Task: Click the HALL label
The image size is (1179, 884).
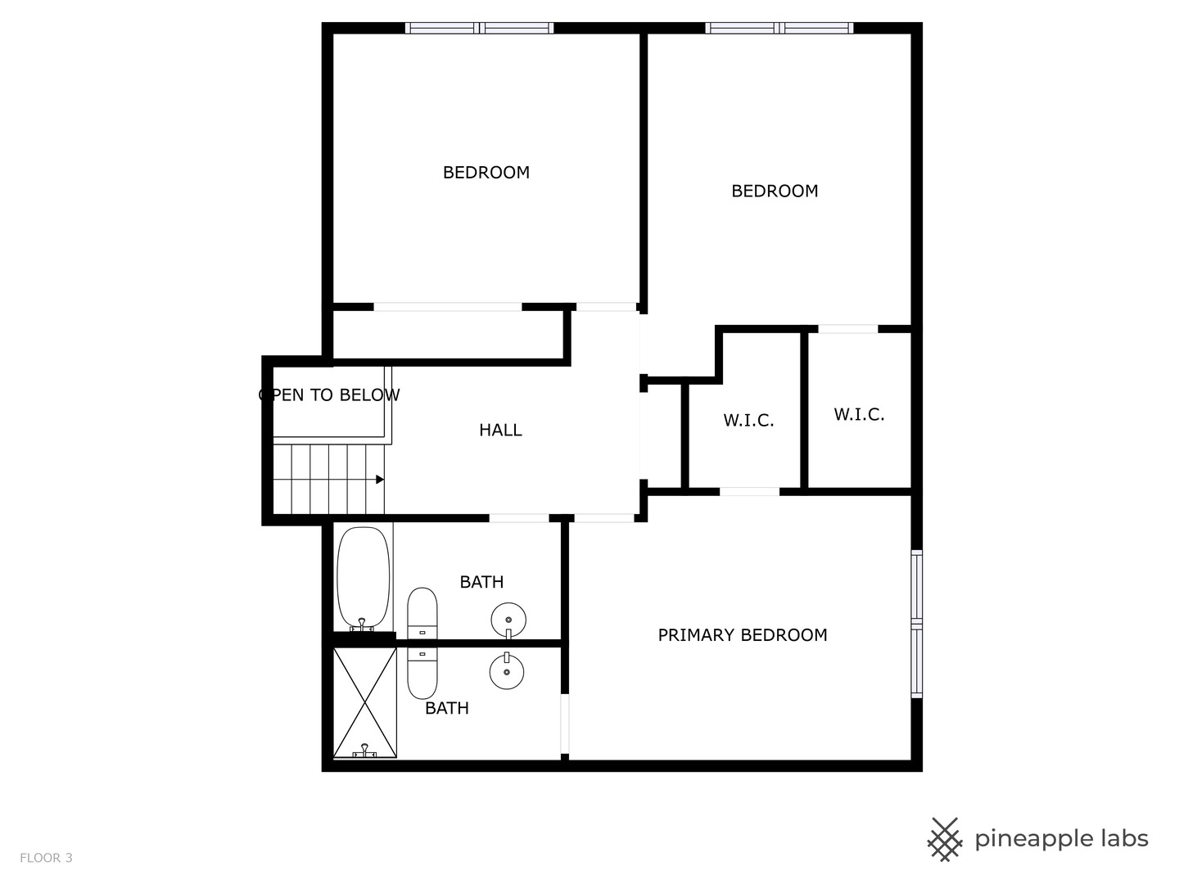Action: (500, 430)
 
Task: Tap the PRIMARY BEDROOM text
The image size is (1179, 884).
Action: (743, 635)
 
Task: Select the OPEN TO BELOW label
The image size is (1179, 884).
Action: (329, 395)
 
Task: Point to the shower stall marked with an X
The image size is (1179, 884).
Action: (365, 702)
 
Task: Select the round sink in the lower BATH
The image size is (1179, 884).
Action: (507, 672)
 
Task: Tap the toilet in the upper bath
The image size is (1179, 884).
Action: (422, 613)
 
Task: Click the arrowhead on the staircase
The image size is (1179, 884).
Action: (379, 480)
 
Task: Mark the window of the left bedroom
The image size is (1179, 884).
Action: (480, 29)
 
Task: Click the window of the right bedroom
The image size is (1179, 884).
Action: (779, 29)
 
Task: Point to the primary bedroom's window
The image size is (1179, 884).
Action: (917, 625)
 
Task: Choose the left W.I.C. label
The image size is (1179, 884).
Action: (748, 421)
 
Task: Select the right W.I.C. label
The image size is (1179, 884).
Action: (859, 415)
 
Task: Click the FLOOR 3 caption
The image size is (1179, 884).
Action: (46, 858)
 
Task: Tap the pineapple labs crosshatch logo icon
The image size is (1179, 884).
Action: (945, 839)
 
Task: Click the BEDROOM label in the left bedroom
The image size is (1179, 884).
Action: (486, 173)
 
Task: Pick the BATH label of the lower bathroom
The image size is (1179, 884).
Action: (447, 708)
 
